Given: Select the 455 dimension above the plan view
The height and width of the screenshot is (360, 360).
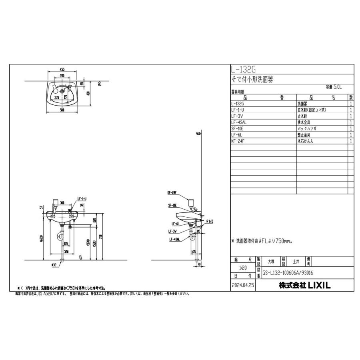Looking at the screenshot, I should click(x=63, y=69).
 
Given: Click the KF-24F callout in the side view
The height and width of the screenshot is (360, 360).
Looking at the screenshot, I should click(x=173, y=192).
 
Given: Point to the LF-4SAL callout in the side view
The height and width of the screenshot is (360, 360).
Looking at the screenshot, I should click(x=174, y=240).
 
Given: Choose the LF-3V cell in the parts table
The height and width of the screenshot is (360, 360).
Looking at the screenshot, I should click(x=237, y=116).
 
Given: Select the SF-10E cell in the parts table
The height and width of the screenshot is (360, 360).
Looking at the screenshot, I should click(x=238, y=129).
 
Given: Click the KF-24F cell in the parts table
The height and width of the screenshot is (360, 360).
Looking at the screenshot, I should click(x=238, y=141).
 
